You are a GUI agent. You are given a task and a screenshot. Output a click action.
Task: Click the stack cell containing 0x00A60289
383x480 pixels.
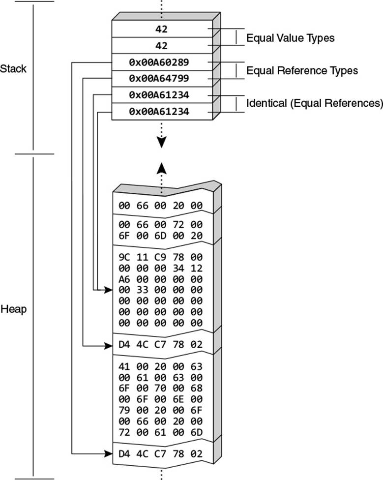pyautogui.click(x=162, y=62)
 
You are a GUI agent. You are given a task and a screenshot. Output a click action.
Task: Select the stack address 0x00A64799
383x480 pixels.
pyautogui.click(x=159, y=78)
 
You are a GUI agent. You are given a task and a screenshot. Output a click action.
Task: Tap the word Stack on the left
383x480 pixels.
pyautogui.click(x=13, y=68)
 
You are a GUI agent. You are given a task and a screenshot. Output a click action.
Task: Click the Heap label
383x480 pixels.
pyautogui.click(x=13, y=309)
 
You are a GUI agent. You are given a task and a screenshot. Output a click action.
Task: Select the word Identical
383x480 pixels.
pyautogui.click(x=267, y=103)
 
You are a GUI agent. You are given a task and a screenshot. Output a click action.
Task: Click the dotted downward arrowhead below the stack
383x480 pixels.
pyautogui.click(x=162, y=142)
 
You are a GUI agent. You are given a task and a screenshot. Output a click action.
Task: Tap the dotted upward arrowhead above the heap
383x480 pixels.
pyautogui.click(x=162, y=168)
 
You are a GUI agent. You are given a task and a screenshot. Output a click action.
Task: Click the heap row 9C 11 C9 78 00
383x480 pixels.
pyautogui.click(x=161, y=257)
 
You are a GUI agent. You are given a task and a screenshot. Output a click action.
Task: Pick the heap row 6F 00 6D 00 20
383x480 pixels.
pyautogui.click(x=161, y=236)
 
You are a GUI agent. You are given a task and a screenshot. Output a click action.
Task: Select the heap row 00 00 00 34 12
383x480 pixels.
pyautogui.click(x=161, y=268)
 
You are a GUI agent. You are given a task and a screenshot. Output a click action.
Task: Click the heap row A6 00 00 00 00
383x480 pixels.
pyautogui.click(x=161, y=279)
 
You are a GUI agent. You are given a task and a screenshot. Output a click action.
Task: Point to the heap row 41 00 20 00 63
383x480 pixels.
pyautogui.click(x=161, y=366)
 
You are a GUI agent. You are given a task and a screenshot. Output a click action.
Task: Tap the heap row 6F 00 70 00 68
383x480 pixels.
pyautogui.click(x=161, y=388)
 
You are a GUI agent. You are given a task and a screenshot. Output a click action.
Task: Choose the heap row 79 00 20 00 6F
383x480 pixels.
pyautogui.click(x=161, y=410)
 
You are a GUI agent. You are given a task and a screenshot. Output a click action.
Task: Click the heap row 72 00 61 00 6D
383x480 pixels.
pyautogui.click(x=161, y=432)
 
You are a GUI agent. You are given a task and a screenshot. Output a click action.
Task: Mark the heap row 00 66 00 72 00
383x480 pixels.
pyautogui.click(x=161, y=225)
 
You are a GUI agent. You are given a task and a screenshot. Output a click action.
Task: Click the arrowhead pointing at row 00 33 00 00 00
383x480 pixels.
pyautogui.click(x=108, y=290)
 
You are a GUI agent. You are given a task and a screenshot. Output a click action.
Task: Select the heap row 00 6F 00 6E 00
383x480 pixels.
pyautogui.click(x=161, y=399)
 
